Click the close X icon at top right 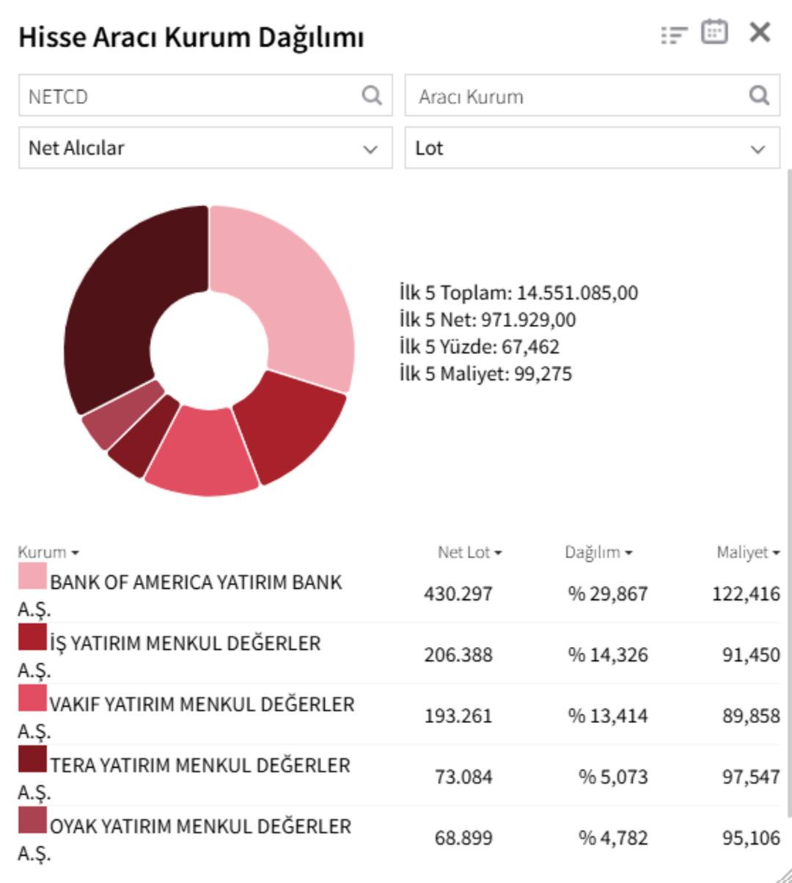coord(760,32)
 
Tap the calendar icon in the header coord(714,32)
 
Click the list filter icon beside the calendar coord(674,34)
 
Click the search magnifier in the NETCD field coord(372,95)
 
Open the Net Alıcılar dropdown coord(205,148)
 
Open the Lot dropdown coord(592,148)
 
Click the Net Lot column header coord(469,552)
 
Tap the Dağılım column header coord(598,552)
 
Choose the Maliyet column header coord(747,552)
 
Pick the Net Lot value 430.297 coord(458,593)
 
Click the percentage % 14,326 coord(607,654)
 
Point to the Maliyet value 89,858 coord(750,715)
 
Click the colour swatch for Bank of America coord(32,576)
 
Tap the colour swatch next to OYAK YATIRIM coord(32,821)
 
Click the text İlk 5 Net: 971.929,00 coord(488,320)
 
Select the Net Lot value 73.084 coord(463,776)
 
